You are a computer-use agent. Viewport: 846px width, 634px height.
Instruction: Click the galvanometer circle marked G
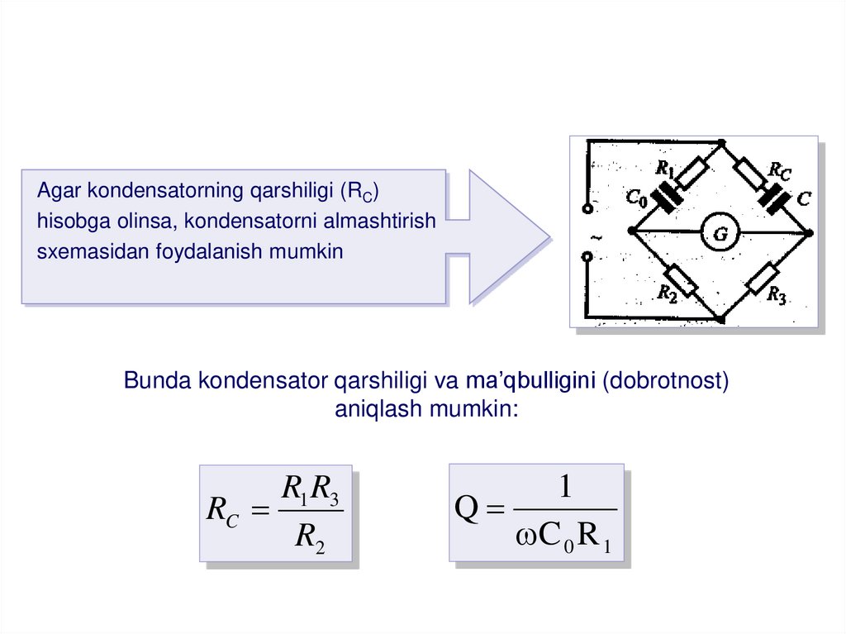(x=720, y=235)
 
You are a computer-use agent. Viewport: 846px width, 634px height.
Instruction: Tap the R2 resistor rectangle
(x=681, y=281)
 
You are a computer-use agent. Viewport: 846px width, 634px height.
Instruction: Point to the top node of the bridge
(x=720, y=141)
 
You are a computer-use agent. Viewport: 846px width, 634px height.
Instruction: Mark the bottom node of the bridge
(x=720, y=318)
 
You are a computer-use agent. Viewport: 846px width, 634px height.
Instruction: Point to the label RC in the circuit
(x=779, y=170)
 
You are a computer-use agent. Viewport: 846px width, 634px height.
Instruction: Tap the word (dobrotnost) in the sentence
(x=666, y=381)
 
